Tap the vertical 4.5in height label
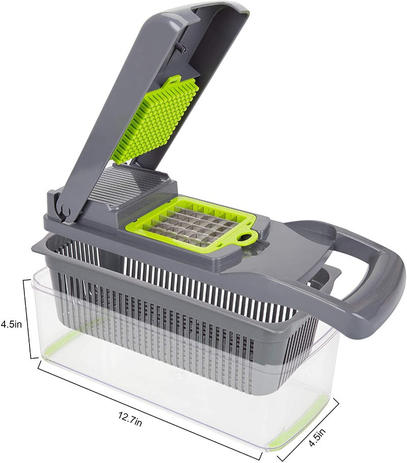[x=11, y=324]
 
